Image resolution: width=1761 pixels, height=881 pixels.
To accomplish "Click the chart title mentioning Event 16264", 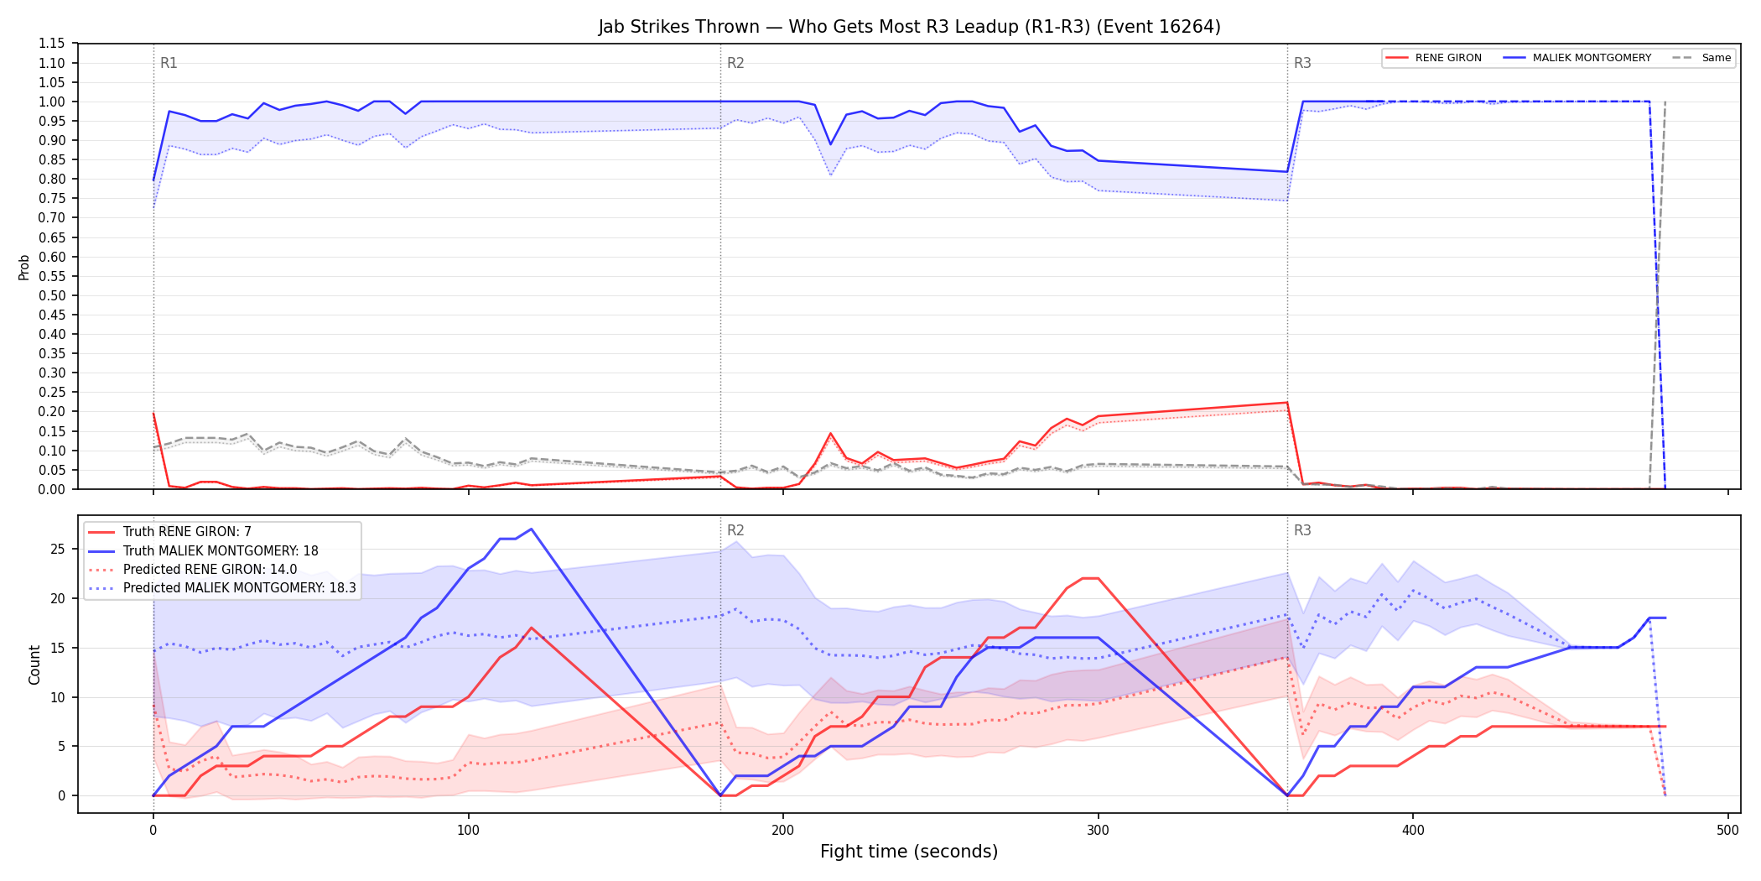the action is pyautogui.click(x=909, y=27).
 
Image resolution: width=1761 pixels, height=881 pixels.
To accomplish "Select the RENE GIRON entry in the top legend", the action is pyautogui.click(x=1434, y=58).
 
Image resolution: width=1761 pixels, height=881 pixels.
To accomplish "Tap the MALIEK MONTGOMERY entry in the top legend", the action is pyautogui.click(x=1577, y=58).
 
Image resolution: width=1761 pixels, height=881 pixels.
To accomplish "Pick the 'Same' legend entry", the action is pyautogui.click(x=1701, y=58).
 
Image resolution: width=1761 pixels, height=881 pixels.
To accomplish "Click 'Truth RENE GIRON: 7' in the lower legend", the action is pyautogui.click(x=170, y=532).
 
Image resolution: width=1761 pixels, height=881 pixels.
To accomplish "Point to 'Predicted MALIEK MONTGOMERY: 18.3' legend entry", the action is pyautogui.click(x=222, y=587).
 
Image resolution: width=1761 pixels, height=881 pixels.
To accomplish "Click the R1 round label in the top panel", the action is pyautogui.click(x=169, y=63).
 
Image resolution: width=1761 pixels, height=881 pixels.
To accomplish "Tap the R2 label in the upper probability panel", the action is pyautogui.click(x=735, y=63).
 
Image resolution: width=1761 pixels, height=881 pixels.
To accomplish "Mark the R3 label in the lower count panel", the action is pyautogui.click(x=1302, y=530).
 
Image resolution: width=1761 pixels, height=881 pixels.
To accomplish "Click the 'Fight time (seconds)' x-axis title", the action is pyautogui.click(x=909, y=852).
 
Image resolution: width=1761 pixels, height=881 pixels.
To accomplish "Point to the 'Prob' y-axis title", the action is pyautogui.click(x=24, y=267).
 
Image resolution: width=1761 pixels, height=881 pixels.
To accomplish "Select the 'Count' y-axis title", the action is pyautogui.click(x=34, y=665).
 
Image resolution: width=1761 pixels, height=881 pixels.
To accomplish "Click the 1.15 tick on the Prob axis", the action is pyautogui.click(x=51, y=44).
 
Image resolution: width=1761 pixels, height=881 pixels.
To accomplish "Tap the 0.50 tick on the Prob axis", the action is pyautogui.click(x=51, y=295).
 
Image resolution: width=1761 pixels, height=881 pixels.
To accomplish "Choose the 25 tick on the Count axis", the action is pyautogui.click(x=58, y=550).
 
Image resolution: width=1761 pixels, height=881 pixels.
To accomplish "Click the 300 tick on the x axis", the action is pyautogui.click(x=1098, y=831).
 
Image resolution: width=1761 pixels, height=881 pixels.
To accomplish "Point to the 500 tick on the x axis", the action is pyautogui.click(x=1727, y=831).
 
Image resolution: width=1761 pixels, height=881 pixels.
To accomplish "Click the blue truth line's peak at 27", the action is pyautogui.click(x=531, y=529).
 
